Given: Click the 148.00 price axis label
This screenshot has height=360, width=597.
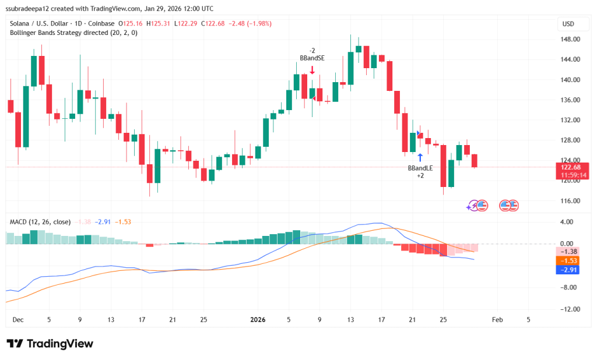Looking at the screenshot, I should tap(571, 39).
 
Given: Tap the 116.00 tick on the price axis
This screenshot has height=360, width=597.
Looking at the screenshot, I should tap(571, 201).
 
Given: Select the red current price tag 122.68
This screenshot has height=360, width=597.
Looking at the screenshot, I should tap(571, 167).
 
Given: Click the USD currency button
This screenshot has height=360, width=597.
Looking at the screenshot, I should tap(568, 23).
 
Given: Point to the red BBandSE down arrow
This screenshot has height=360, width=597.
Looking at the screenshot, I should tap(312, 70).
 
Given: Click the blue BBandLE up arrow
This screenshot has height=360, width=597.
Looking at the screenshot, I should tap(420, 157).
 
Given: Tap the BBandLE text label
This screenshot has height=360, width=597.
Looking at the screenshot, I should tap(420, 168).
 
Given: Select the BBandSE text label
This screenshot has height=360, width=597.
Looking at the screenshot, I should tap(312, 58).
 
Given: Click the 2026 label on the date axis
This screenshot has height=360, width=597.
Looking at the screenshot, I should tap(258, 319).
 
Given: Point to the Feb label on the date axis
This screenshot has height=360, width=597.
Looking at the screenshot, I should tap(497, 319).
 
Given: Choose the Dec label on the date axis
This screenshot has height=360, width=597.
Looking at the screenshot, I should tap(18, 319).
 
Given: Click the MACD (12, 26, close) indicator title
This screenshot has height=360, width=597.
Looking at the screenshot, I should tap(40, 222).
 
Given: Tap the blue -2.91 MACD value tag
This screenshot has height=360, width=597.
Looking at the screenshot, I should tap(571, 270).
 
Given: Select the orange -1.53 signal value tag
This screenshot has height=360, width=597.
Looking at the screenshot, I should tap(571, 260).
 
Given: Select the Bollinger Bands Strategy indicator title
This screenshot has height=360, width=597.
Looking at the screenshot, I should tap(73, 33).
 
